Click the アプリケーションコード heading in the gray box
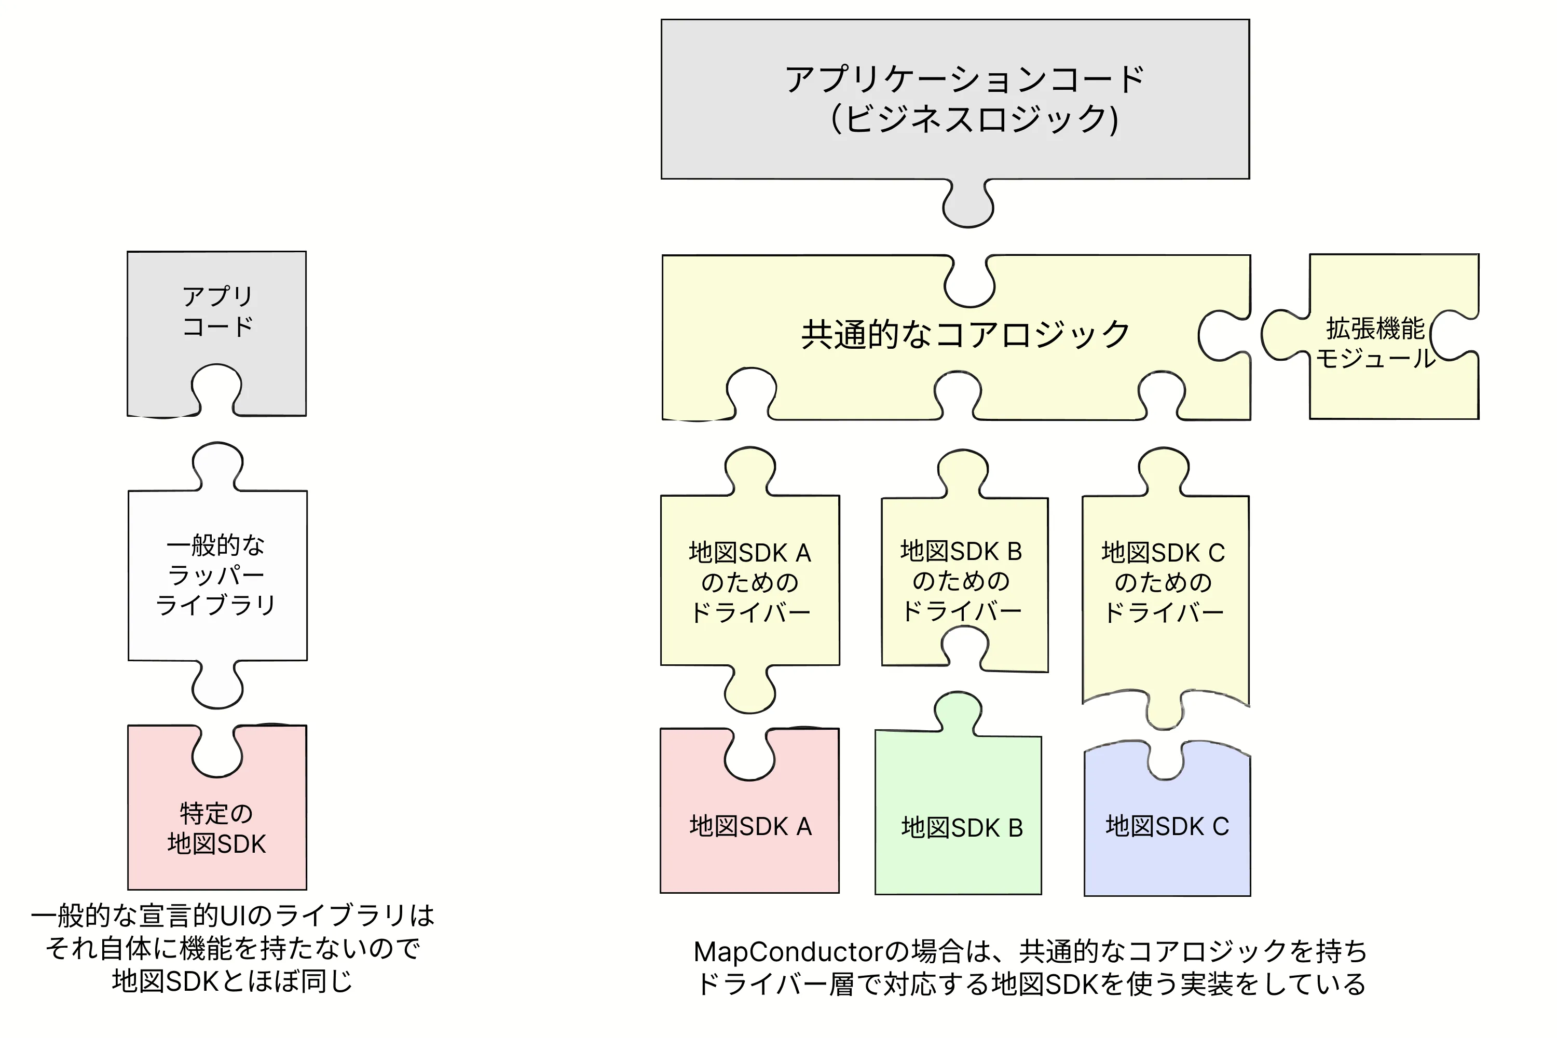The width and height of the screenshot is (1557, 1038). (964, 80)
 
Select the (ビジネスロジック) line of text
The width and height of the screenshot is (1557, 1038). (973, 120)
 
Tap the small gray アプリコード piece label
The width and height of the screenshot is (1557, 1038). (217, 311)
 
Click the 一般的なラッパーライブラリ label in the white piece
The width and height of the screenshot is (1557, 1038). (216, 575)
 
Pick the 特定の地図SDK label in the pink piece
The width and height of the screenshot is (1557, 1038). (216, 829)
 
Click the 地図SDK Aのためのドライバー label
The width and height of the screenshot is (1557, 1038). (750, 582)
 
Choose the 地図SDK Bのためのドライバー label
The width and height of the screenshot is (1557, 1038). (961, 581)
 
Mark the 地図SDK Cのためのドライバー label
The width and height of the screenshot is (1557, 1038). (1163, 582)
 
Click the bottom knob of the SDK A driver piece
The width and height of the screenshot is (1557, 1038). (750, 692)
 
